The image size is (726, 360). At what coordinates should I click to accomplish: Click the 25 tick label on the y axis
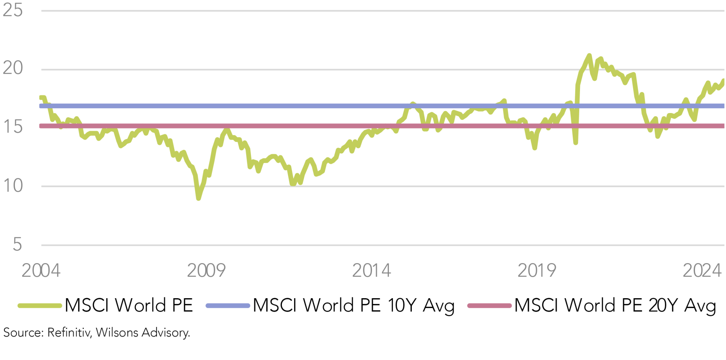(13, 10)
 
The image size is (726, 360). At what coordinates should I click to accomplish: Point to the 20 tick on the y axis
(13, 68)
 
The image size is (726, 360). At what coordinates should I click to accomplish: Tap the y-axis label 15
(13, 127)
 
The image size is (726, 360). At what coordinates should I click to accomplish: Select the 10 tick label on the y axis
(13, 186)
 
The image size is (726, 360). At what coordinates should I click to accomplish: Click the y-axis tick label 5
(17, 245)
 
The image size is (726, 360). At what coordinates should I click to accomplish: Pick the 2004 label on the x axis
(41, 270)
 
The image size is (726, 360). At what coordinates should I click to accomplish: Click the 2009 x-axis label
(206, 270)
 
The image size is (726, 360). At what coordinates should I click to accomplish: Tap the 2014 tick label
(371, 270)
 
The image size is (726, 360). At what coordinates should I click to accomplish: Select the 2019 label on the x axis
(537, 270)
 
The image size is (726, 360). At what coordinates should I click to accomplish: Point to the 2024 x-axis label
(702, 270)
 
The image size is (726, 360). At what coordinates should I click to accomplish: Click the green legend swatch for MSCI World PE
(40, 306)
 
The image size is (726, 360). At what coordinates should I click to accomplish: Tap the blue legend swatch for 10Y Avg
(227, 306)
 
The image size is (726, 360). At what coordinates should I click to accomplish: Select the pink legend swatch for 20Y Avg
(489, 306)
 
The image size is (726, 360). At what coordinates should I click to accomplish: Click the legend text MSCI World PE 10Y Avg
(354, 306)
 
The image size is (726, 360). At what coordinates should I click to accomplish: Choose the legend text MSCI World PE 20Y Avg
(615, 306)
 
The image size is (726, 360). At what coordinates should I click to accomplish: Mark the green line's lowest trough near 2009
(198, 198)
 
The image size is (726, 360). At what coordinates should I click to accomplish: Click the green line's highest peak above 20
(589, 55)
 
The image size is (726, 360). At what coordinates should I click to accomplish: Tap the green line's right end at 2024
(723, 81)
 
